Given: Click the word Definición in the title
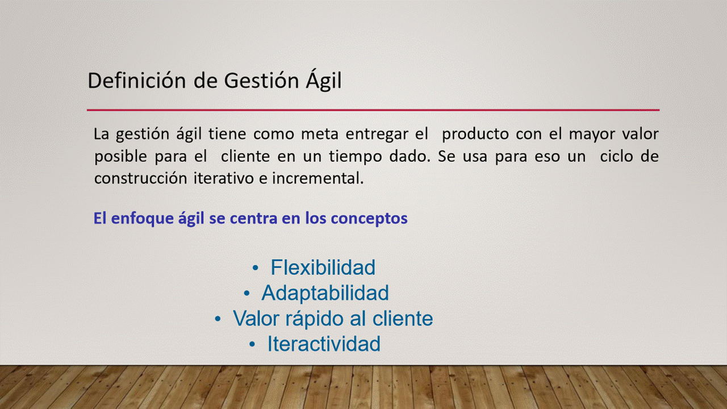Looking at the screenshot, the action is (137, 80).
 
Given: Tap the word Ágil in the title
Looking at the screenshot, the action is (323, 79).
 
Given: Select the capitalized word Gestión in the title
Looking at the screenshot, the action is (261, 80).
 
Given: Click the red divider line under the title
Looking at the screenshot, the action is (373, 110).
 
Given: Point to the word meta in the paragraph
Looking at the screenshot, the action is (319, 134).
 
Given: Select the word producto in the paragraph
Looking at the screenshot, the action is (475, 135).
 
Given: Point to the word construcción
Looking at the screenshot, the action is (140, 178).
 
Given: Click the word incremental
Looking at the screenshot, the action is (317, 178).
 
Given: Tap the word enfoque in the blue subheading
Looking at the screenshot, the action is (142, 219).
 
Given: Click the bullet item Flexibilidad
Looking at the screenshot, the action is (323, 267).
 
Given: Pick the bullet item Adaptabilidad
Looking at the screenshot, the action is (325, 293).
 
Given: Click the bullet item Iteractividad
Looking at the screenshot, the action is (324, 344).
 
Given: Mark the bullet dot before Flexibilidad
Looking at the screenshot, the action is (256, 268).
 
